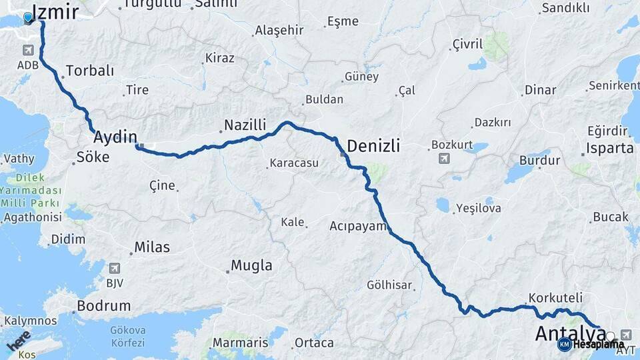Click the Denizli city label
[x=373, y=146]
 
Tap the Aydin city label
[x=115, y=137]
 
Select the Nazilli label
[x=245, y=125]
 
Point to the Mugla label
[x=251, y=265]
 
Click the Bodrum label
[x=103, y=306]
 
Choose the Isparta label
[x=610, y=148]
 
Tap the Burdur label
[x=540, y=161]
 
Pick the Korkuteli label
[x=555, y=297]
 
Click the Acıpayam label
[x=358, y=226]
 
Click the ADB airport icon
[x=28, y=51]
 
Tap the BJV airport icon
[x=114, y=268]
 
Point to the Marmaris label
[x=240, y=343]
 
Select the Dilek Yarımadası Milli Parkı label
[x=30, y=190]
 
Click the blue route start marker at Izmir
[x=29, y=17]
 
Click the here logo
[x=18, y=340]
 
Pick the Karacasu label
[x=294, y=163]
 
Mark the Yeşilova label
[x=478, y=208]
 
